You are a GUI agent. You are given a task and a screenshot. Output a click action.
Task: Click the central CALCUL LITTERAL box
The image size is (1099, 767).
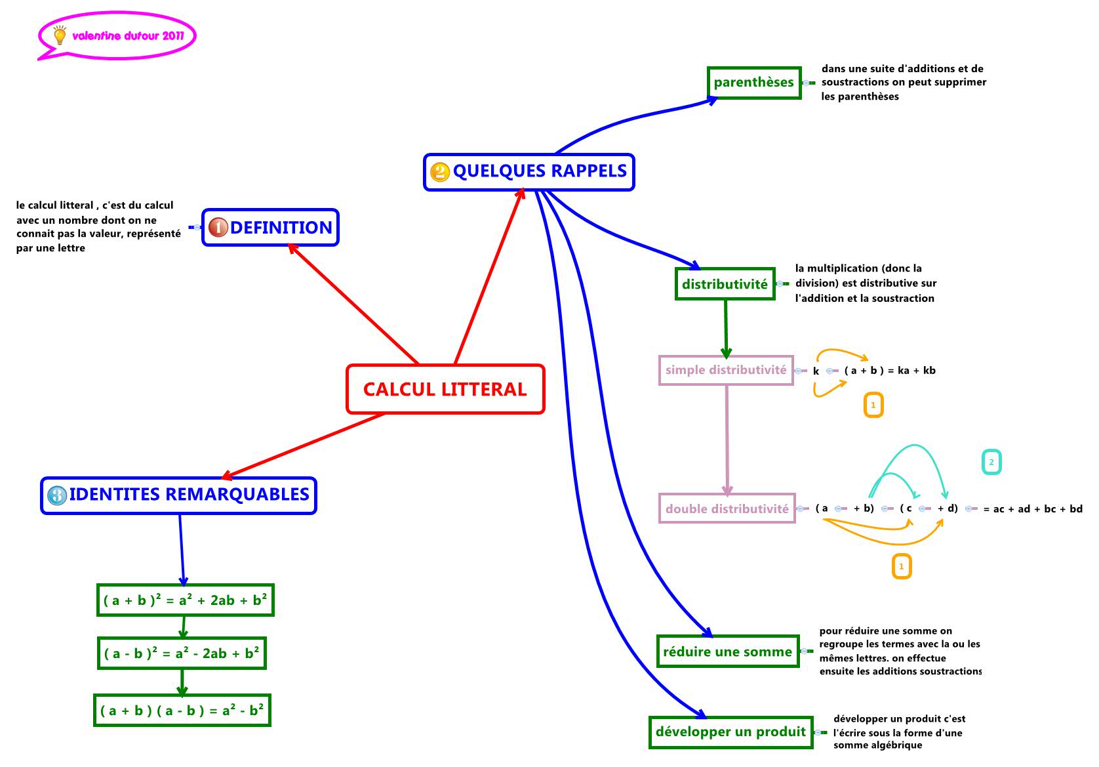[445, 389]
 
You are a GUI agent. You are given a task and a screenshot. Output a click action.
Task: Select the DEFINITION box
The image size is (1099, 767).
[270, 228]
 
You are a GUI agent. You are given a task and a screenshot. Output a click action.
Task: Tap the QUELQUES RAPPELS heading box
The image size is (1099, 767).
[529, 172]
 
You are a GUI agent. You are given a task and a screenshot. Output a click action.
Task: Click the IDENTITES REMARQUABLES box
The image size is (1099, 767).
[178, 495]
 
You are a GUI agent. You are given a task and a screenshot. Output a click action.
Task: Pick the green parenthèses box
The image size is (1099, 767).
[754, 83]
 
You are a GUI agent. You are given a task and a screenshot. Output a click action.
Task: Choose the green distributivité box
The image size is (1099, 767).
[725, 284]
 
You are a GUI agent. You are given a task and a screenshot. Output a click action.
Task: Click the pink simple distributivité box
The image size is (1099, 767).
[726, 370]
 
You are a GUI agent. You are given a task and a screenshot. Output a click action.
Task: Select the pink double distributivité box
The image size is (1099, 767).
[727, 508]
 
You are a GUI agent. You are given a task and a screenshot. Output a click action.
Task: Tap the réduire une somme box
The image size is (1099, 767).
[728, 652]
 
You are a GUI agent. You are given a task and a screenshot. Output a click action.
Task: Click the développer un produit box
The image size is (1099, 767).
[730, 732]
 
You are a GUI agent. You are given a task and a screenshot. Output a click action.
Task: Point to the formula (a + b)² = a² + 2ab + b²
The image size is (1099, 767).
[185, 600]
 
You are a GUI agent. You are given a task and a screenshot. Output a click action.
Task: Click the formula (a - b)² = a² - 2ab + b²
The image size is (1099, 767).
[182, 653]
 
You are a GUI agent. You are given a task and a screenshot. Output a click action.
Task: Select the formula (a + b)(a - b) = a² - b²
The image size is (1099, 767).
[182, 711]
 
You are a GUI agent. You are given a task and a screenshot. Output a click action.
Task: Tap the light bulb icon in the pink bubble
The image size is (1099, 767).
[60, 35]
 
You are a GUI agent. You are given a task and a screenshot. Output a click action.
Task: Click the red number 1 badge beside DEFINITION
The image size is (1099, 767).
[218, 228]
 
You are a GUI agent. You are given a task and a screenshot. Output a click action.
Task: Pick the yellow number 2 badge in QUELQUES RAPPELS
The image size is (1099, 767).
[440, 172]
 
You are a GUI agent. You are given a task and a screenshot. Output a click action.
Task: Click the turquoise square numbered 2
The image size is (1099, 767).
[991, 462]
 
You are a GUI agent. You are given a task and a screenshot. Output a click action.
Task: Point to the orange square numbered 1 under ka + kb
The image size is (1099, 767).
[873, 405]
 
